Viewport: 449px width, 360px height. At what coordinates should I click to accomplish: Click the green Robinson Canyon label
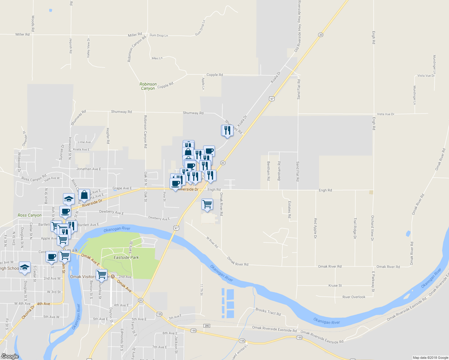tap(148, 86)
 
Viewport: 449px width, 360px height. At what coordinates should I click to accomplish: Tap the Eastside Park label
tap(126, 257)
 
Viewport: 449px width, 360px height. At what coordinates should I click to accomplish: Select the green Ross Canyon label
tap(29, 215)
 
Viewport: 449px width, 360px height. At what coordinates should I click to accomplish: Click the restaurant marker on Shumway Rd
tap(228, 130)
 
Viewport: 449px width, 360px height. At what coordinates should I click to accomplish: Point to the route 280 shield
tap(206, 326)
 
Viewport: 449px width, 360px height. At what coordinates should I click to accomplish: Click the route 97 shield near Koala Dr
tap(272, 99)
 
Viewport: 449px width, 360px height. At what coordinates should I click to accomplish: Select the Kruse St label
tap(335, 286)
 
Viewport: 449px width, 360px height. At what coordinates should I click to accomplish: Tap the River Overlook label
tap(354, 297)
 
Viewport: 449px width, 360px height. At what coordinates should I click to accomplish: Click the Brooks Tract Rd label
tap(268, 312)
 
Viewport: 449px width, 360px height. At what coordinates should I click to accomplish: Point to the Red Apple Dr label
tap(315, 228)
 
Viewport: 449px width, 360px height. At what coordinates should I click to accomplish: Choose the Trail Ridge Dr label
tap(355, 228)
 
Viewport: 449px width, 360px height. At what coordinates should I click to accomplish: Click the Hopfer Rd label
tap(108, 136)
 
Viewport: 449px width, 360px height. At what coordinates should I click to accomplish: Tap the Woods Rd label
tap(33, 23)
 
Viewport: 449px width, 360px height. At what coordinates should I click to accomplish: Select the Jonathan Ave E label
tap(89, 169)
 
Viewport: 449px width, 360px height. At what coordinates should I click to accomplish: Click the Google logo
tap(10, 356)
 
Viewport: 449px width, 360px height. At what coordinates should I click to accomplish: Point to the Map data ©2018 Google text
tap(430, 358)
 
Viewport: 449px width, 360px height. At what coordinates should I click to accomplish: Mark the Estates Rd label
tap(289, 209)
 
